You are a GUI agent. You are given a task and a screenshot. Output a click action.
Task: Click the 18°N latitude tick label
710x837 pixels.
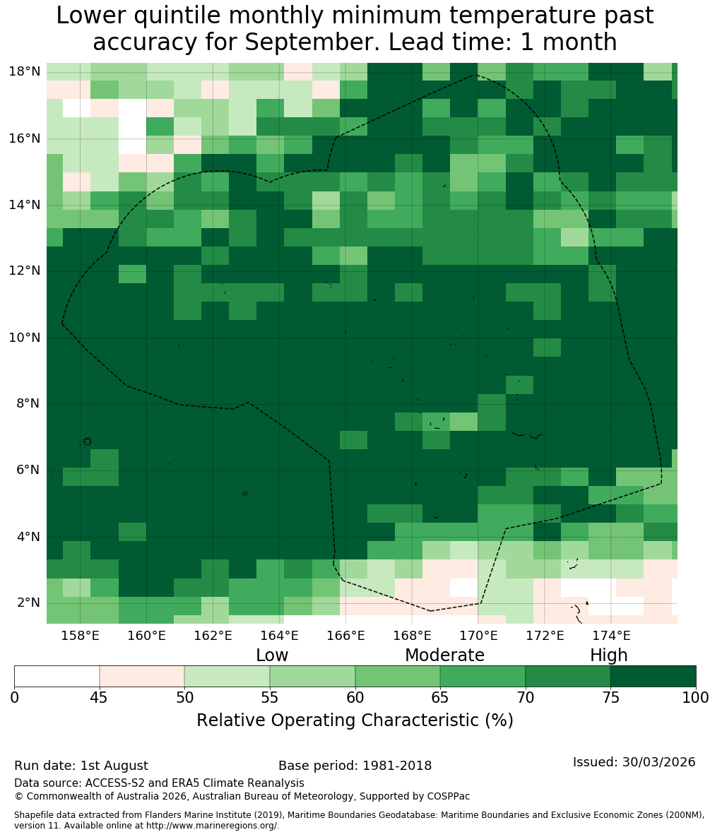25,71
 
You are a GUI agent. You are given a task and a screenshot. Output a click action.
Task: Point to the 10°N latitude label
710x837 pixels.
25,338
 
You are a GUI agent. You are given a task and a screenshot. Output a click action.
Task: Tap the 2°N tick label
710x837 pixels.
28,602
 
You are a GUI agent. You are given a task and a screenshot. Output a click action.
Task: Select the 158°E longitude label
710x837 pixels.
81,636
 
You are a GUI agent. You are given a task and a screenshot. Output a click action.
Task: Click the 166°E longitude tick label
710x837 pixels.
346,636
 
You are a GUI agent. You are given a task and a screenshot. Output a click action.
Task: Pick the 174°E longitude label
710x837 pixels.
611,636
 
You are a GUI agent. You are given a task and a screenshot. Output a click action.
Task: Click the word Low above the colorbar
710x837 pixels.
272,655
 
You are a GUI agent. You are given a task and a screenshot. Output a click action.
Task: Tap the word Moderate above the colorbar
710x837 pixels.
444,655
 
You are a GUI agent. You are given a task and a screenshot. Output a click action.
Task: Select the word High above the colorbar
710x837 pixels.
608,655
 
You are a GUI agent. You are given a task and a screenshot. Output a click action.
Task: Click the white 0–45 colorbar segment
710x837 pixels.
57,677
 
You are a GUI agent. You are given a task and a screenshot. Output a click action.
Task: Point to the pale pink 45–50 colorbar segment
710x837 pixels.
142,677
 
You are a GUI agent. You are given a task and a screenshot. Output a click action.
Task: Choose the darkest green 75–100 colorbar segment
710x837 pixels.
653,677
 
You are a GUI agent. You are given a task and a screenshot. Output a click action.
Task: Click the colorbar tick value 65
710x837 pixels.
440,698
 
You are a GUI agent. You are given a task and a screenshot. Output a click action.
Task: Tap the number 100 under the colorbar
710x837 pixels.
696,698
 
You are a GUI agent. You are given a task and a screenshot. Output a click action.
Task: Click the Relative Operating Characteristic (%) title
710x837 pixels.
355,720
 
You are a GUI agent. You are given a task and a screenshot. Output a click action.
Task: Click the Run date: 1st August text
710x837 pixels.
81,766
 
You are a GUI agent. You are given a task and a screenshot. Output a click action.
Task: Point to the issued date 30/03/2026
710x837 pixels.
658,762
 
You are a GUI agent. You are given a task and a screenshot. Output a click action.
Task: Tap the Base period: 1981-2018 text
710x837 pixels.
355,766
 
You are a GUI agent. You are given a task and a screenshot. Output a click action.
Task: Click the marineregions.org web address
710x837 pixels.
211,826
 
